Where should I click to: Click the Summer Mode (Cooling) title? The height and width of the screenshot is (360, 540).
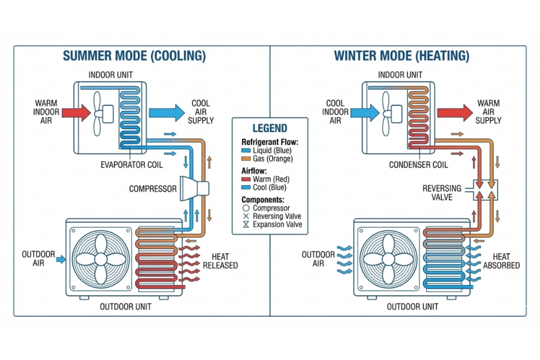[x=134, y=56]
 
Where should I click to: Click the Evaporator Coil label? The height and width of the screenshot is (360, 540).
[x=131, y=165]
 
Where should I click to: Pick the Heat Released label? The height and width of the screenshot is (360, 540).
[x=220, y=261]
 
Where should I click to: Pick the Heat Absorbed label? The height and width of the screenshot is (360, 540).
[x=501, y=261]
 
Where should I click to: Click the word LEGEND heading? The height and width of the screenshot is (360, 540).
[x=269, y=128]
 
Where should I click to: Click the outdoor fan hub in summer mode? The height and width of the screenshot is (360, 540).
[x=101, y=259]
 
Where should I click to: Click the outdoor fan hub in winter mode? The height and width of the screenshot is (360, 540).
[x=389, y=259]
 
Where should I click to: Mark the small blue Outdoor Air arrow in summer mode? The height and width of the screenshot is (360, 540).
[x=61, y=259]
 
